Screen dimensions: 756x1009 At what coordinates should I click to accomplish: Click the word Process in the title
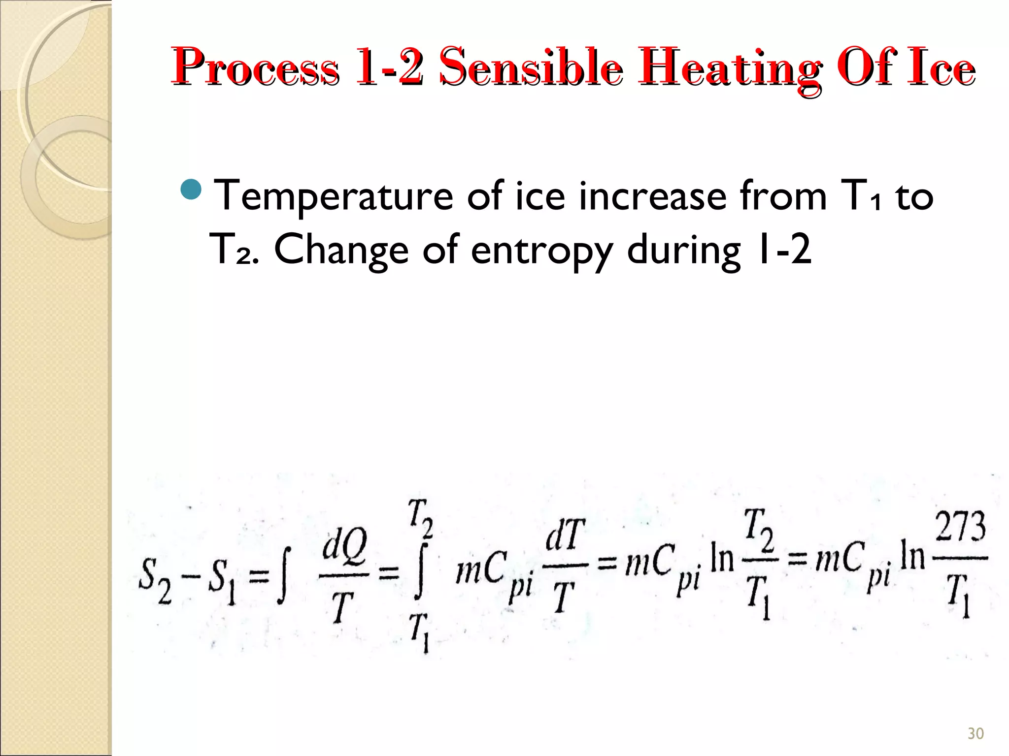tap(255, 67)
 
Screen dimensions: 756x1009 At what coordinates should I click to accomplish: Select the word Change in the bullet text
tap(341, 250)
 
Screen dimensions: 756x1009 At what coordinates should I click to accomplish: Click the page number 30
tap(975, 733)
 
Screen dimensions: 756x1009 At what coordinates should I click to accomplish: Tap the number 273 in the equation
tap(960, 527)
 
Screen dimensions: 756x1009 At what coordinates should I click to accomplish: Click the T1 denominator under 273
tap(958, 596)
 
